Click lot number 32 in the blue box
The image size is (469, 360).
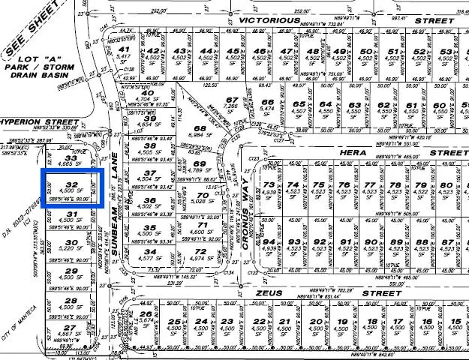(x=72, y=184)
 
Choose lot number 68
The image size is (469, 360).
(x=200, y=128)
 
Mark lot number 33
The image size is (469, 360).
(x=71, y=158)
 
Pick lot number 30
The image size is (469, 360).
(x=72, y=241)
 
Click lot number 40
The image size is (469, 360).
(x=148, y=94)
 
